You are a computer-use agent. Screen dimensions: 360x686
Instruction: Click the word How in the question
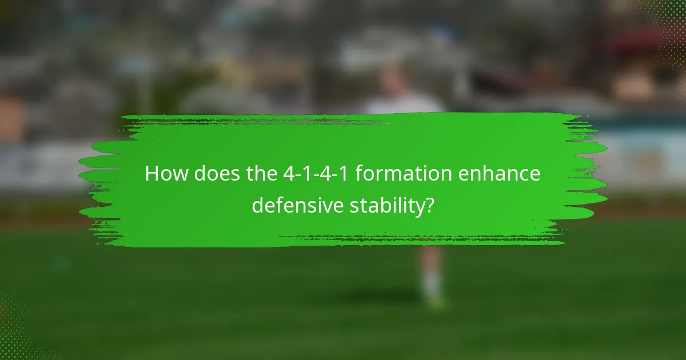pos(166,174)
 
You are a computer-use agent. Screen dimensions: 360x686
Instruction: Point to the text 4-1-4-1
pos(317,174)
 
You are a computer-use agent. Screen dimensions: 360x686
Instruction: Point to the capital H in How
pos(153,174)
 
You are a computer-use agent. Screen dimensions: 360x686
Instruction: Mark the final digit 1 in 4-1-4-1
pos(346,174)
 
